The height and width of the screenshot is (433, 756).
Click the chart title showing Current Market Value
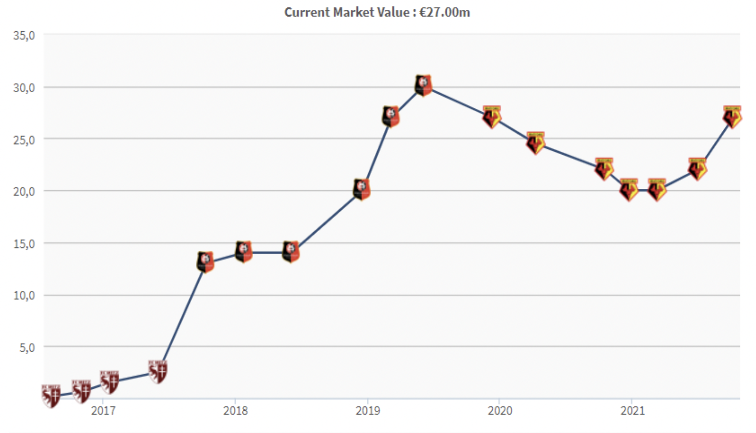(377, 12)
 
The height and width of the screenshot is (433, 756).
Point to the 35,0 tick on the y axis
(24, 35)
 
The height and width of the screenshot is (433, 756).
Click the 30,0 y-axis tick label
(24, 88)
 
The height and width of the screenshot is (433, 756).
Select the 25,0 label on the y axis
(24, 139)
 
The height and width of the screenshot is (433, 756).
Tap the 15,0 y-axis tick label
(24, 244)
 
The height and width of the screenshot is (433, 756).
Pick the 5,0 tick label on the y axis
(27, 347)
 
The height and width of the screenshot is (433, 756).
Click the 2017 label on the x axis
(103, 410)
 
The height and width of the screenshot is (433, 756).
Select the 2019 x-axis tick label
(368, 410)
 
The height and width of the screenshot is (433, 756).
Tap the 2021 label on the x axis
(632, 410)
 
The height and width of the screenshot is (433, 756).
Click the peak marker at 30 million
(423, 85)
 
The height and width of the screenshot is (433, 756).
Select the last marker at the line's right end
(732, 117)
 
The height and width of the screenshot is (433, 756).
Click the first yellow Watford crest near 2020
(492, 117)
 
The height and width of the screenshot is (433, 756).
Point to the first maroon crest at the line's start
(51, 396)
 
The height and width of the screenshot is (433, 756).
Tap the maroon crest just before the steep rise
(158, 372)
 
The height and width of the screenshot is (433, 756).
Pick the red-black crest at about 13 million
(206, 262)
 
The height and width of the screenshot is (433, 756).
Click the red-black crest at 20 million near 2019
(361, 189)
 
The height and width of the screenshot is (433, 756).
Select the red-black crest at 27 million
(391, 116)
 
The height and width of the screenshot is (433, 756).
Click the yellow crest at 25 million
(536, 143)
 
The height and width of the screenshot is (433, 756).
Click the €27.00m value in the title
(445, 12)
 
